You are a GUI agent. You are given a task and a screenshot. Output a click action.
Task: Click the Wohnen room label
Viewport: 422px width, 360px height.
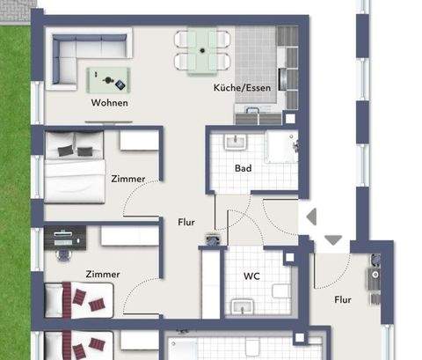109,103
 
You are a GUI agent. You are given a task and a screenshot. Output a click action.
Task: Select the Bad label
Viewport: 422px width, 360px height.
244,167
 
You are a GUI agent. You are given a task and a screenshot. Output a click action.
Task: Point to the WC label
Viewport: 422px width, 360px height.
251,276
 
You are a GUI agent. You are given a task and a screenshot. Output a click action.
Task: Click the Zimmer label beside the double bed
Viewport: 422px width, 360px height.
128,179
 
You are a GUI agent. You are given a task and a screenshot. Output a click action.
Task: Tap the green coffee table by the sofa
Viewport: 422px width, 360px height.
112,81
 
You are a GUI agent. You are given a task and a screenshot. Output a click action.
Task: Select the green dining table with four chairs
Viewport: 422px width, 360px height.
203,50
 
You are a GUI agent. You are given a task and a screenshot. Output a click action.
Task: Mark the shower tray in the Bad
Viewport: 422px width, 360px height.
282,149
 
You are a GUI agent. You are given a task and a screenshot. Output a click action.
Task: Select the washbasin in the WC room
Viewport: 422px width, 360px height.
242,305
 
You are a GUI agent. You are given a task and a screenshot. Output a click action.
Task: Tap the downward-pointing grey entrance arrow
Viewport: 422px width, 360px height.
333,239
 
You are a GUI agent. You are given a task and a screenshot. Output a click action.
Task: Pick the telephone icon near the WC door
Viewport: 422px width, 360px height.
211,238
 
